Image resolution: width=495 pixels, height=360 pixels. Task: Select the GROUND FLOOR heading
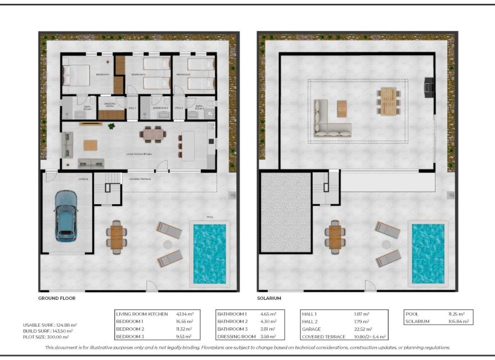click(x=57, y=298)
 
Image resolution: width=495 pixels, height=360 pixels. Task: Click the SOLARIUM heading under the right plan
click(x=269, y=298)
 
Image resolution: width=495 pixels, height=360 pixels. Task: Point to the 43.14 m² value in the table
click(x=182, y=313)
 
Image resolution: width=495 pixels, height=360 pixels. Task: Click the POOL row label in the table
click(x=413, y=313)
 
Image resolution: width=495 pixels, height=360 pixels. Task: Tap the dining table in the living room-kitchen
click(x=153, y=134)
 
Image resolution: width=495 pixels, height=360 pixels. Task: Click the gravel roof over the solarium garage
click(x=286, y=211)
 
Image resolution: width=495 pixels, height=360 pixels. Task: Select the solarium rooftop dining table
click(x=388, y=101)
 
